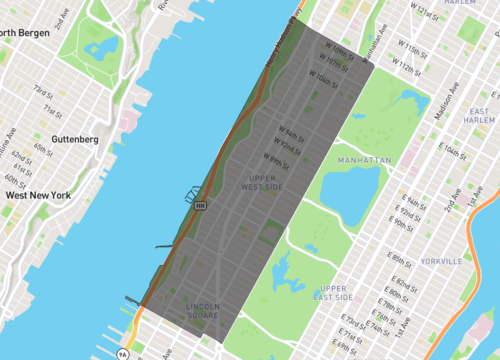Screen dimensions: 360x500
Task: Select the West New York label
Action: [x=37, y=195]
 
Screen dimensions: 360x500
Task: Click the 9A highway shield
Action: [x=123, y=353]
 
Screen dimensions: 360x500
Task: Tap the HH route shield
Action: [x=200, y=205]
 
